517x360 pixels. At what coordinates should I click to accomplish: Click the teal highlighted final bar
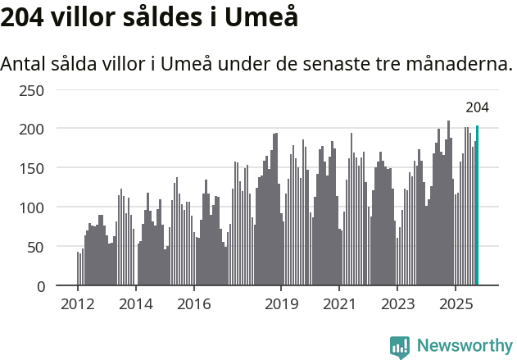(x=478, y=206)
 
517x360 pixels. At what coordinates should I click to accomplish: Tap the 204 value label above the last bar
(x=477, y=107)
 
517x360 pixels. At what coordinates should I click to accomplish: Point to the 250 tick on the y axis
(x=32, y=89)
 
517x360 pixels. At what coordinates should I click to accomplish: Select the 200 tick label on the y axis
(x=32, y=129)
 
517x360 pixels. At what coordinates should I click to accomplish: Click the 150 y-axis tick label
(x=32, y=168)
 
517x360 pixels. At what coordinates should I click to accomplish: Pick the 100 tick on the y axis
(x=32, y=207)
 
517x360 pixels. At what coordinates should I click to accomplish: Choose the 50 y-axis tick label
(x=36, y=247)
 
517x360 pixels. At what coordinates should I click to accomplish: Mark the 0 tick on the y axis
(x=40, y=286)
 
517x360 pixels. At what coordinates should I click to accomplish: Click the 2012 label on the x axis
(x=78, y=304)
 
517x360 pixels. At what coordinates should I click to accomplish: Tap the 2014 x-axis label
(x=136, y=304)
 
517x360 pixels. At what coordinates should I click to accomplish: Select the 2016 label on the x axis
(x=193, y=304)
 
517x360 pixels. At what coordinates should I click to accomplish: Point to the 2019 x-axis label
(x=281, y=304)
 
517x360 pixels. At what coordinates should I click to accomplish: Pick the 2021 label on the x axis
(x=338, y=304)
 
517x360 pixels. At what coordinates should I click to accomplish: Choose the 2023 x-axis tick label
(x=397, y=304)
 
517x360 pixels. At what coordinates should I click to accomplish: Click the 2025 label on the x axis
(x=455, y=304)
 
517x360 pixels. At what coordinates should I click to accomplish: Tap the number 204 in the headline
(x=21, y=17)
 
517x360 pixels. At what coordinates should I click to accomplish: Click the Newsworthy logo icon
(x=400, y=347)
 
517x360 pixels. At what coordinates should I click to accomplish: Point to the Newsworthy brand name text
(x=464, y=346)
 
